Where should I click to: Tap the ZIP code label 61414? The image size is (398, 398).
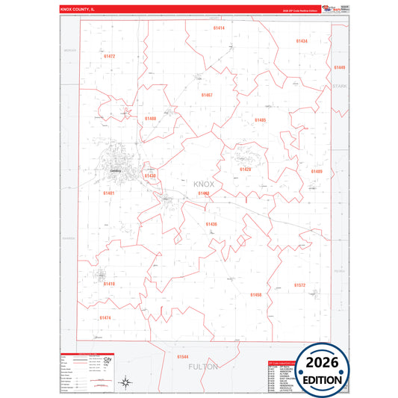(x=218, y=28)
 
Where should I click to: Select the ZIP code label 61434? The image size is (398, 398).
(x=301, y=41)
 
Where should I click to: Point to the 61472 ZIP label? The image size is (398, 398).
(x=109, y=56)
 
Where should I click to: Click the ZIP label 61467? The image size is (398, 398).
(x=207, y=95)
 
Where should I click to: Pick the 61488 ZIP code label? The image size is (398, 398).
(x=150, y=119)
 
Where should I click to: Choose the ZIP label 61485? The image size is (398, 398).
(x=260, y=119)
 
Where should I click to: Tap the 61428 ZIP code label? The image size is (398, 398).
(x=245, y=170)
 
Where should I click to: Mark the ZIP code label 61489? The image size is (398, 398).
(x=317, y=171)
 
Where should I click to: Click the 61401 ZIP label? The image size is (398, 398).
(x=109, y=193)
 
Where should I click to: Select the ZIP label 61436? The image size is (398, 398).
(x=211, y=224)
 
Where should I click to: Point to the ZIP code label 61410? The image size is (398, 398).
(x=109, y=284)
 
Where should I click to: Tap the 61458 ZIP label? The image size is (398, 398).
(x=255, y=295)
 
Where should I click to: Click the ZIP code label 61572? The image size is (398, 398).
(x=299, y=285)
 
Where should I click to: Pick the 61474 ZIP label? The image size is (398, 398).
(x=105, y=317)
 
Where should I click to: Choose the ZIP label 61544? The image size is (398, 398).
(x=183, y=357)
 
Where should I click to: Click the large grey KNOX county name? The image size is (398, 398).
(x=203, y=184)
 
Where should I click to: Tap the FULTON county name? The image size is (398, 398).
(x=203, y=367)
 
